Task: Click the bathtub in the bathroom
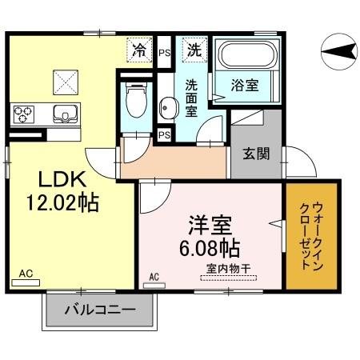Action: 246,57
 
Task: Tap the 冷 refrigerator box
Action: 139,50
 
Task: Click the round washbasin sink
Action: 168,106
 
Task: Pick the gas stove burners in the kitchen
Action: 23,113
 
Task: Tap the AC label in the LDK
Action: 25,273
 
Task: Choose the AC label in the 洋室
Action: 154,278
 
